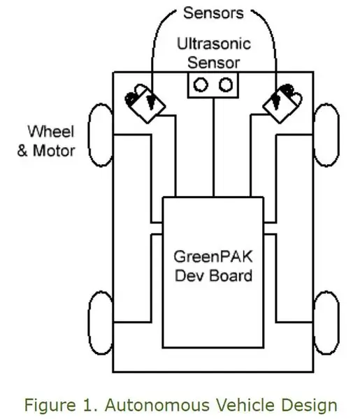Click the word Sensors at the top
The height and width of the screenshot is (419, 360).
coord(213,13)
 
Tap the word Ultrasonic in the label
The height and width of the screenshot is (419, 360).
coord(214,43)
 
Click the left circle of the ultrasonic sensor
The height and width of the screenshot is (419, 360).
coord(201,84)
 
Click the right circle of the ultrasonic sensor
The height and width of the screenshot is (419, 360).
coord(226,84)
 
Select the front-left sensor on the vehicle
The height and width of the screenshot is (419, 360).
coord(145,103)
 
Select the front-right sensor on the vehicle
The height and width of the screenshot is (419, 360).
coord(282,103)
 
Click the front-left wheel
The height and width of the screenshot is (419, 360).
coord(101,135)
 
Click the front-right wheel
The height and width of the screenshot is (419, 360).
coord(326,135)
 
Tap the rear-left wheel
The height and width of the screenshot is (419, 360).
coord(101,323)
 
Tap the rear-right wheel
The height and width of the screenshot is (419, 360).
coord(326,323)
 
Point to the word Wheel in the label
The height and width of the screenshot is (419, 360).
coord(50,131)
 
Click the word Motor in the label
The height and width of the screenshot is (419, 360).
coord(54,150)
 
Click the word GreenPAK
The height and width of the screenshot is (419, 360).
coord(213,257)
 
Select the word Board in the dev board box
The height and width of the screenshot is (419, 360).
coord(231,276)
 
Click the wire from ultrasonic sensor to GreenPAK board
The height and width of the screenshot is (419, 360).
coord(213,147)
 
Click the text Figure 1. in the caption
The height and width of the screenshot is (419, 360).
coord(62,405)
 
